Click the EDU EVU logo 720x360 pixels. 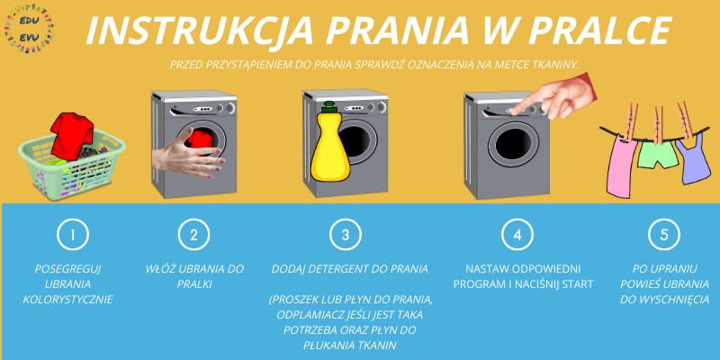pos(29,28)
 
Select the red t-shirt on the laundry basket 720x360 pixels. pos(72,136)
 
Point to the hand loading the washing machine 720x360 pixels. pos(188,154)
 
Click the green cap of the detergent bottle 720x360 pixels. pos(328,107)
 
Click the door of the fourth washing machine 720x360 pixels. pos(513,144)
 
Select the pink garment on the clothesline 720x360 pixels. pos(621,166)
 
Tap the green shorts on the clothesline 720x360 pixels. pos(658,154)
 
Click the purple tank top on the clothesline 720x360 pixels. pos(693,159)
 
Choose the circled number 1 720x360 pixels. pos(73,235)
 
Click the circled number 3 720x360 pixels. pos(346,235)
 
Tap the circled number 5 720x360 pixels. pos(664,235)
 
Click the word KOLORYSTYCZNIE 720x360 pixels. pos(68,300)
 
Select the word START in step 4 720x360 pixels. pos(577,284)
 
